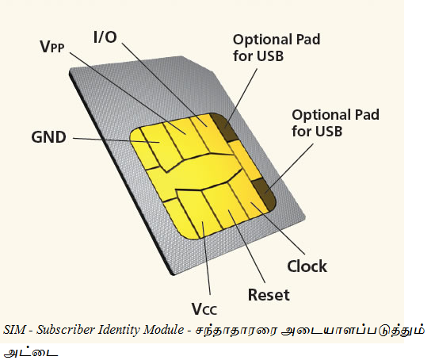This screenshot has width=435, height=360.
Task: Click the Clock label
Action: tap(307, 266)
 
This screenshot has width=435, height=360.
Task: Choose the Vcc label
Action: tap(205, 308)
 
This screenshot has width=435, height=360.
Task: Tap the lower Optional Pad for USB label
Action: tap(334, 123)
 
